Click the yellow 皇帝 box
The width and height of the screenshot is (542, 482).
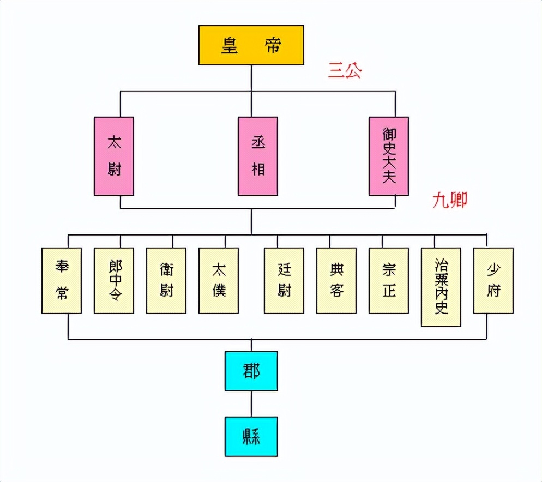click(250, 46)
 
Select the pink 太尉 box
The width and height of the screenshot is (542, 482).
click(113, 156)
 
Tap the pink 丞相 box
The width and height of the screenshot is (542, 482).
click(258, 156)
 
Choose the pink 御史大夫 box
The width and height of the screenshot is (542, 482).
click(389, 156)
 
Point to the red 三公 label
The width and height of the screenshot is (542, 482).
click(345, 71)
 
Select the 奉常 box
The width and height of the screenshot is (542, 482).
click(62, 280)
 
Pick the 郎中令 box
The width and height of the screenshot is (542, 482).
click(114, 280)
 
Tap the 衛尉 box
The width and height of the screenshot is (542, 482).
click(166, 280)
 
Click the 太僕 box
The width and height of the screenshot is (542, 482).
click(219, 280)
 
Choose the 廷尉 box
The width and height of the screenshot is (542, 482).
click(284, 280)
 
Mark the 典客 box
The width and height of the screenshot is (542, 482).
click(336, 280)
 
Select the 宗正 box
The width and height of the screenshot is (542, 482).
click(389, 280)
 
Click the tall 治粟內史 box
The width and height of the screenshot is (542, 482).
click(441, 287)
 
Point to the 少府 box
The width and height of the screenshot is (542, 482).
click(493, 280)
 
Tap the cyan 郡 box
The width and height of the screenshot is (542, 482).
click(251, 371)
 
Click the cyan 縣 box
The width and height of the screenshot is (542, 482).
click(251, 436)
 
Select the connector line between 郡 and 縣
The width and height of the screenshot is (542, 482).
click(251, 403)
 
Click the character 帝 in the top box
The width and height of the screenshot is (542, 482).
click(273, 46)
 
